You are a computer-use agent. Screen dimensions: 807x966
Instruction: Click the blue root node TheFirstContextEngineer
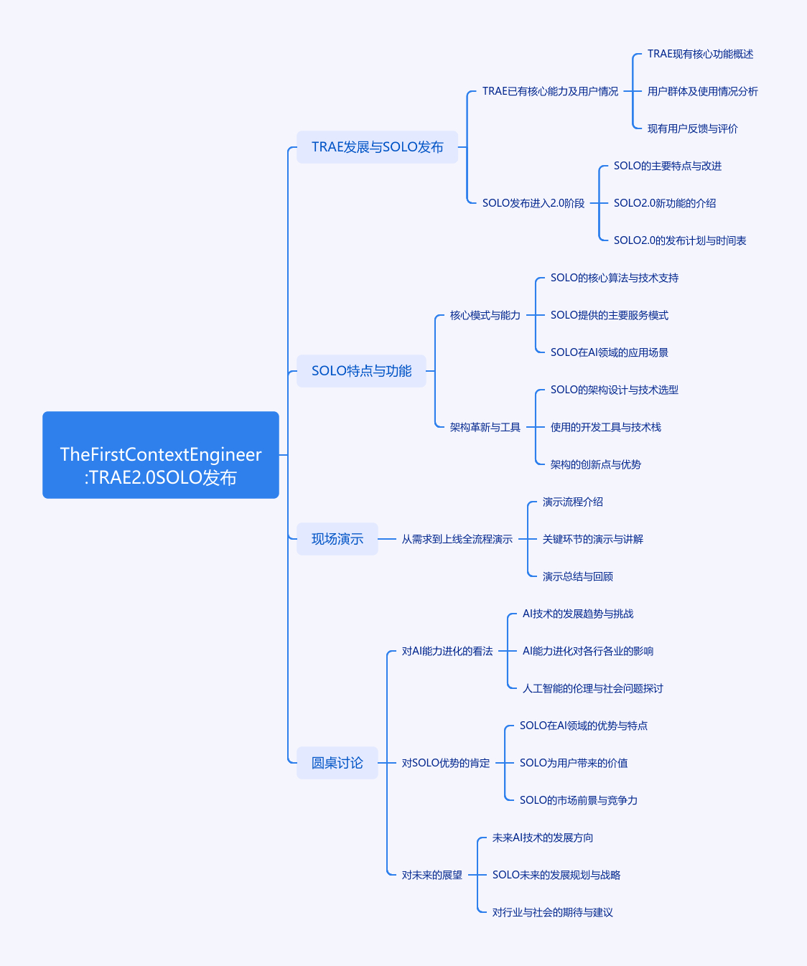(161, 455)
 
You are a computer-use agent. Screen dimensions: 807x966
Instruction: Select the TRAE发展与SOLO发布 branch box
(378, 147)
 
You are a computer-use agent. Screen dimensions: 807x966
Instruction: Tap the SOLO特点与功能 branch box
(361, 371)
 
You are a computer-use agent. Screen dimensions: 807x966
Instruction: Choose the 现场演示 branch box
(337, 539)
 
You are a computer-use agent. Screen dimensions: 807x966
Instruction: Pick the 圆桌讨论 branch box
(337, 763)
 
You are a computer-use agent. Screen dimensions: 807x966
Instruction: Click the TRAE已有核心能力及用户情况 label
(550, 91)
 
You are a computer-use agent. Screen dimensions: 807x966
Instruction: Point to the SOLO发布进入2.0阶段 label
(533, 203)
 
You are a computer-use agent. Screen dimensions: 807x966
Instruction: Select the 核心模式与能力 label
(485, 315)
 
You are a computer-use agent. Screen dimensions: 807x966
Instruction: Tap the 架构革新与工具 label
(485, 427)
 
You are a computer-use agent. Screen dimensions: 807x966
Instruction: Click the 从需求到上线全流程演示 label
(457, 539)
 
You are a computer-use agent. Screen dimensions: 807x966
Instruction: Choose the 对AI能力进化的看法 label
(447, 651)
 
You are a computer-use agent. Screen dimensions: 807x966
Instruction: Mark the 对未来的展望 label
(432, 875)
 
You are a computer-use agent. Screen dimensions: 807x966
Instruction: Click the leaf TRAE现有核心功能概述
(700, 54)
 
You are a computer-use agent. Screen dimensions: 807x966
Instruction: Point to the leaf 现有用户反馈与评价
(692, 128)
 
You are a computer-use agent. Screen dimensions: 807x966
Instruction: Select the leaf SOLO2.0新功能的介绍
(665, 203)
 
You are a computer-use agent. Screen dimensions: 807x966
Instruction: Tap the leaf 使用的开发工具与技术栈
(605, 427)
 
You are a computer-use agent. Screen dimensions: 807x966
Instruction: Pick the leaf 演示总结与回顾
(578, 576)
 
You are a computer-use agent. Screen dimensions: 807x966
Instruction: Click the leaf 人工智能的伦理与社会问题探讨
(592, 688)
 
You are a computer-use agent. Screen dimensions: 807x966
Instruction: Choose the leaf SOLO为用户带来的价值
(574, 763)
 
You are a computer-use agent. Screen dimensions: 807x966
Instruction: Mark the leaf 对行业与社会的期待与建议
(552, 912)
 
